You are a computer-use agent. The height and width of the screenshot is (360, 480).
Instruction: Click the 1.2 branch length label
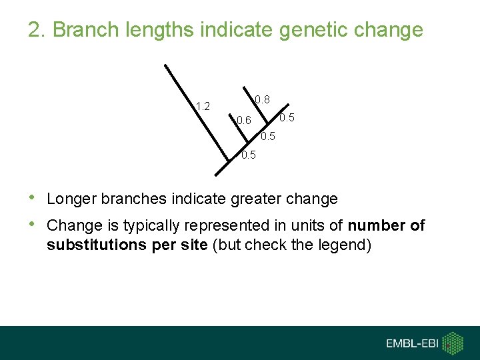pos(203,106)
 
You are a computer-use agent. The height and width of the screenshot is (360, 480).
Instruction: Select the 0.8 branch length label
pos(262,99)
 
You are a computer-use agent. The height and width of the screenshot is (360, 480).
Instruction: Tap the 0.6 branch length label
pos(244,121)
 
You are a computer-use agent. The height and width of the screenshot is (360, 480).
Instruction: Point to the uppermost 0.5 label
pos(287,118)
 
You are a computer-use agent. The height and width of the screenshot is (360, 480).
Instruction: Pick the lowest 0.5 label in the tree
pos(249,155)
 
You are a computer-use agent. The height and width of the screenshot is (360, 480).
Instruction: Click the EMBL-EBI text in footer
pos(413,343)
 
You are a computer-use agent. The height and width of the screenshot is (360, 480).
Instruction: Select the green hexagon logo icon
pos(453,343)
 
